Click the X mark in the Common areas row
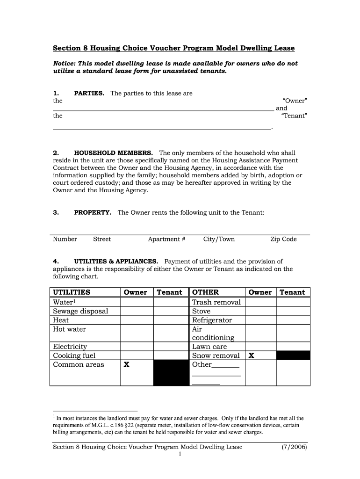click(x=126, y=364)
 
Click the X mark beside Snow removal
click(x=251, y=356)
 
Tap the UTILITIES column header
click(x=72, y=292)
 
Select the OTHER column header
click(x=205, y=292)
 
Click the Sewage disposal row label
click(x=80, y=311)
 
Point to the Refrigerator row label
click(x=212, y=320)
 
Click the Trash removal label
click(x=216, y=302)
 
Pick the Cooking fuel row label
click(x=74, y=356)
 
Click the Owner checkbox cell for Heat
click(x=137, y=320)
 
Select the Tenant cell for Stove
click(x=293, y=311)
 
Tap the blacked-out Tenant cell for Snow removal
click(x=293, y=356)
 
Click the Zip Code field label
click(x=283, y=239)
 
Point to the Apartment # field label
click(x=166, y=239)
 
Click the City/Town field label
click(x=219, y=239)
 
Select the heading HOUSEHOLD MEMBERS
click(x=114, y=153)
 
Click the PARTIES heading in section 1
click(x=89, y=93)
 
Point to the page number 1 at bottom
click(x=180, y=454)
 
